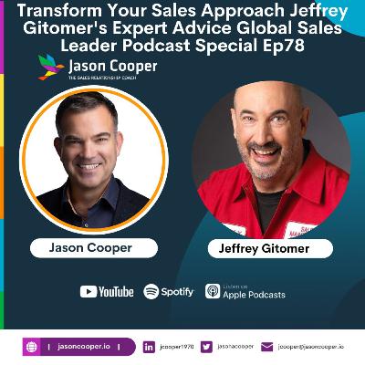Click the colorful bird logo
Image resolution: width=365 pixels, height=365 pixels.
(51, 67)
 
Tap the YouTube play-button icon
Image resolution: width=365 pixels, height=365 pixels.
(89, 291)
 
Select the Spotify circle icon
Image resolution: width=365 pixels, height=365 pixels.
(151, 291)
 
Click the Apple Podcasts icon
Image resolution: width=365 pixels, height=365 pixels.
(212, 291)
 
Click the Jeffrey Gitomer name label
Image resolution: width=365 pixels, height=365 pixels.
(273, 248)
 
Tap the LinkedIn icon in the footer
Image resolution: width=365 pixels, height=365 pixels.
(149, 347)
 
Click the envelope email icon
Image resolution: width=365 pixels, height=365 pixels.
(267, 347)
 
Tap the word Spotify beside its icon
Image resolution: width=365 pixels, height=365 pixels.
(178, 291)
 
